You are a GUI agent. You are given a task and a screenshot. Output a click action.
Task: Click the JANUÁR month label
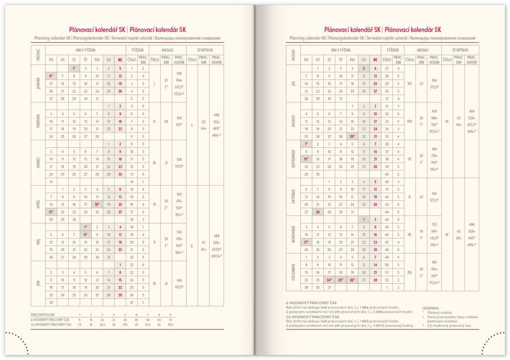pos(38,84)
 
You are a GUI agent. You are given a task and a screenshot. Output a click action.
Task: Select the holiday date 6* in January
pos(50,76)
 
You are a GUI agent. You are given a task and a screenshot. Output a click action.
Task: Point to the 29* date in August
pos(353,136)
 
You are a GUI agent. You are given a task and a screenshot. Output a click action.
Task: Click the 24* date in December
pos(329,280)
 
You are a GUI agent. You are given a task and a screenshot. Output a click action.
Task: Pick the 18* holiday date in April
pos(97,204)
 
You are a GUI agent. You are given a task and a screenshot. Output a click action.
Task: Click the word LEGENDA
pos(431,308)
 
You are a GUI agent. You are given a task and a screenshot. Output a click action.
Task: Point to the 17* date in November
pos(306,242)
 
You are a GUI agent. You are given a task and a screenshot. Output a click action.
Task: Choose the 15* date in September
pos(306,159)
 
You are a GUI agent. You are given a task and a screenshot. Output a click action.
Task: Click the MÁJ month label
pos(38,242)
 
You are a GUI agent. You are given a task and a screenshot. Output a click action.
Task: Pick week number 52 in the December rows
pos(386,280)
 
